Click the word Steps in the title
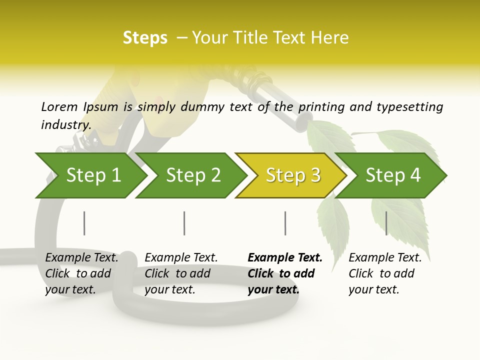pyautogui.click(x=145, y=38)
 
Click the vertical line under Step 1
pyautogui.click(x=84, y=223)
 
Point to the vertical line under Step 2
pyautogui.click(x=184, y=223)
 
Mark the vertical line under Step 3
pyautogui.click(x=285, y=223)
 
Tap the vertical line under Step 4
pyautogui.click(x=386, y=223)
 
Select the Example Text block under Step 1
pyautogui.click(x=81, y=273)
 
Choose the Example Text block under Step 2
pyautogui.click(x=181, y=273)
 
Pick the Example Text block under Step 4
pyautogui.click(x=385, y=273)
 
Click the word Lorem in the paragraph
pyautogui.click(x=59, y=106)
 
